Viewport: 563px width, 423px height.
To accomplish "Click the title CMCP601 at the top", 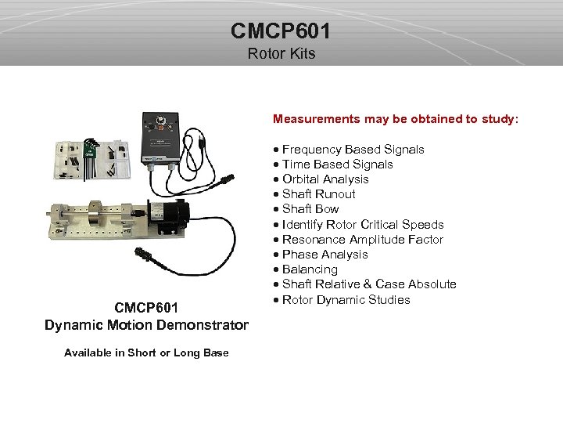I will (281, 31).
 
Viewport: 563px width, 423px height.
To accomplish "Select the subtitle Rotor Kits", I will (281, 53).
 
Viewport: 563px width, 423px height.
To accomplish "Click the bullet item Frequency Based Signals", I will (353, 150).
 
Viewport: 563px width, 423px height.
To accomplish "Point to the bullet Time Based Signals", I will (337, 164).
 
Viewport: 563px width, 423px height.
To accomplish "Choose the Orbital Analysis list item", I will (325, 179).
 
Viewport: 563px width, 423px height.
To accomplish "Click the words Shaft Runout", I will (318, 194).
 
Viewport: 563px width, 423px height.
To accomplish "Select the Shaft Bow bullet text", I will (310, 209).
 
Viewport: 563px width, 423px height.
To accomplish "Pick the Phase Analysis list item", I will (325, 255).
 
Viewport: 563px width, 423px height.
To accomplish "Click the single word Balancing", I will (310, 269).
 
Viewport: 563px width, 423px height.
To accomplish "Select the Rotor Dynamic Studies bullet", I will (346, 300).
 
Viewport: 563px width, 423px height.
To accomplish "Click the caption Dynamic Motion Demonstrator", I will (146, 325).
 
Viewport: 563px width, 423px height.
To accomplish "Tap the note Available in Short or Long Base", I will (146, 352).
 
